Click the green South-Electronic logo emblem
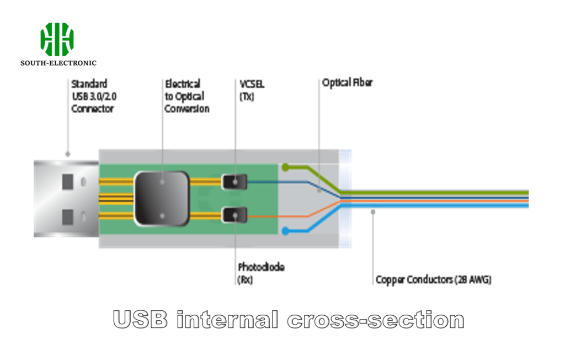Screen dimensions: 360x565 (57, 39)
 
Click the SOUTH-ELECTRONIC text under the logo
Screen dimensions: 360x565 (58, 63)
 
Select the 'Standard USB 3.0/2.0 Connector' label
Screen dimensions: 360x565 (93, 96)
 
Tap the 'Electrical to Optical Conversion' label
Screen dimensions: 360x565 (187, 96)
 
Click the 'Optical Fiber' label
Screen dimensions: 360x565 (347, 83)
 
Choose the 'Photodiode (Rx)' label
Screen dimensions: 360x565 (261, 273)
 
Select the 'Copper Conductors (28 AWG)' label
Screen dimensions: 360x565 (433, 279)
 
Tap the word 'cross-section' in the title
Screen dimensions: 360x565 (375, 320)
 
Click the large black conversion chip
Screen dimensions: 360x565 (162, 198)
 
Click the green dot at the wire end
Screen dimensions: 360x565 (285, 167)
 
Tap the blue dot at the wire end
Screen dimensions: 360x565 (285, 231)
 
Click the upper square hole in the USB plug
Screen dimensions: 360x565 (68, 181)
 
